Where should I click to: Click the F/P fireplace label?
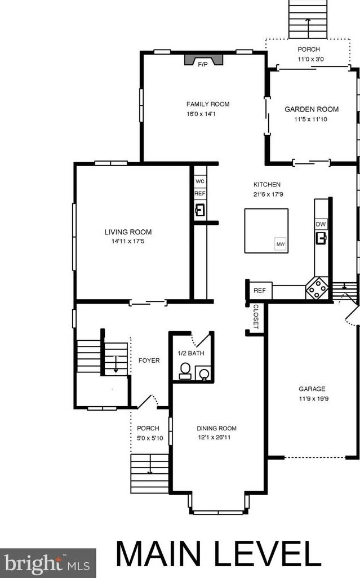coord(203,65)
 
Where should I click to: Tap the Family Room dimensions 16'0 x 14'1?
coord(201,114)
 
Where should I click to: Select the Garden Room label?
coord(312,109)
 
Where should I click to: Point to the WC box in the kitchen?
coord(199,181)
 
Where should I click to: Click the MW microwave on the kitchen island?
coord(281,244)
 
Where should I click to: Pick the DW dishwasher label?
coord(321,224)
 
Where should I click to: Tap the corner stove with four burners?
coord(317,288)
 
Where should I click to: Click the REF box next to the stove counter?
coord(259,291)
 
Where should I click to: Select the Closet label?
coord(256,317)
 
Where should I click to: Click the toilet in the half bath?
coord(185,371)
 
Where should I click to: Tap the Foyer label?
coord(149,361)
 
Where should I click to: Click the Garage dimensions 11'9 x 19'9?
coord(314,398)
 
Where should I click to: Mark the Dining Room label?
coord(217,428)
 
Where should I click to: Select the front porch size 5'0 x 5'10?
coord(150,438)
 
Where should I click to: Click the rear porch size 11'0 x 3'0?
coord(311,59)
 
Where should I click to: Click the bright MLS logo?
coord(47,563)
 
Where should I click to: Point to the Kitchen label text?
coord(267,184)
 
